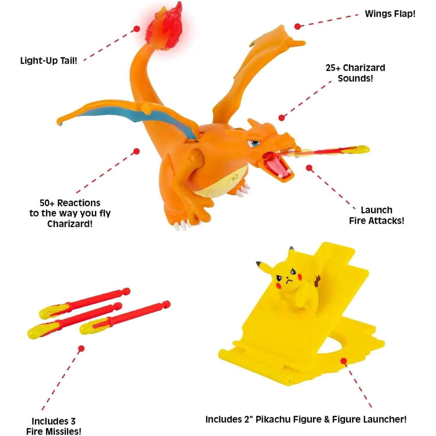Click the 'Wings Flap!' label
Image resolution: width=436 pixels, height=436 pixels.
(390, 14)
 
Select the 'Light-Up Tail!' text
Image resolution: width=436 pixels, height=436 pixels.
(49, 61)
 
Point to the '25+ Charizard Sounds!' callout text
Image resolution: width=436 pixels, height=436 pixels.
(355, 73)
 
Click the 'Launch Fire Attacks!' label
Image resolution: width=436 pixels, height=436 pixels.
(376, 215)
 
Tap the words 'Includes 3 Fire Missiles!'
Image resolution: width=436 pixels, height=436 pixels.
(54, 426)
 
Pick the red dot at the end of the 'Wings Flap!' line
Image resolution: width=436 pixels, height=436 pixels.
(297, 26)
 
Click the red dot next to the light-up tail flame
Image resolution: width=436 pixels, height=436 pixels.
(137, 29)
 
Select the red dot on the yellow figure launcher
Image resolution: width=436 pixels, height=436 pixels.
(344, 361)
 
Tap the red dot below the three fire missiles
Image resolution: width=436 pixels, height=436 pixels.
(81, 348)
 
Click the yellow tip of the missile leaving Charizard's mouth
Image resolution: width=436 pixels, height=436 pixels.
(360, 149)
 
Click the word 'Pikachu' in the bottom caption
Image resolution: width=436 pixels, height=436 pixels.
(273, 419)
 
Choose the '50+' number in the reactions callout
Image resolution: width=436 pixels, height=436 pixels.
(47, 203)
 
